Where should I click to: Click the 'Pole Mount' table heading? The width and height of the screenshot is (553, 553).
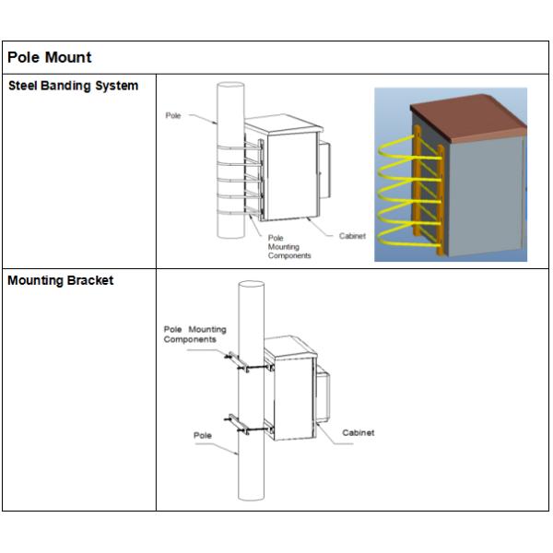(x=50, y=57)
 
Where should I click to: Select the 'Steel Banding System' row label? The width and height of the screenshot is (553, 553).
(x=73, y=87)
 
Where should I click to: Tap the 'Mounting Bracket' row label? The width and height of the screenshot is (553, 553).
(x=61, y=281)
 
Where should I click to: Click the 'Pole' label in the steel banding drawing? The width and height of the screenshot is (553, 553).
(x=172, y=116)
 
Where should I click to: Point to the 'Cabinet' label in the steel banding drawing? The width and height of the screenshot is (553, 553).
(x=352, y=237)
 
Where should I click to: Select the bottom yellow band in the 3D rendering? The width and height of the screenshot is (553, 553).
(x=406, y=241)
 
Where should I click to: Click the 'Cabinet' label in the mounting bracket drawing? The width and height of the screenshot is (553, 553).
(x=358, y=432)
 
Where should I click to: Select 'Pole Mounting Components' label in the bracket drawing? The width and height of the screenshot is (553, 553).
(x=194, y=334)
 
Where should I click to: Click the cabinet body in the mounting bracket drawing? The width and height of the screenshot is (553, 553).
(x=293, y=396)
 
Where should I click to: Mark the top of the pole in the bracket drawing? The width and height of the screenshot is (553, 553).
(x=248, y=287)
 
